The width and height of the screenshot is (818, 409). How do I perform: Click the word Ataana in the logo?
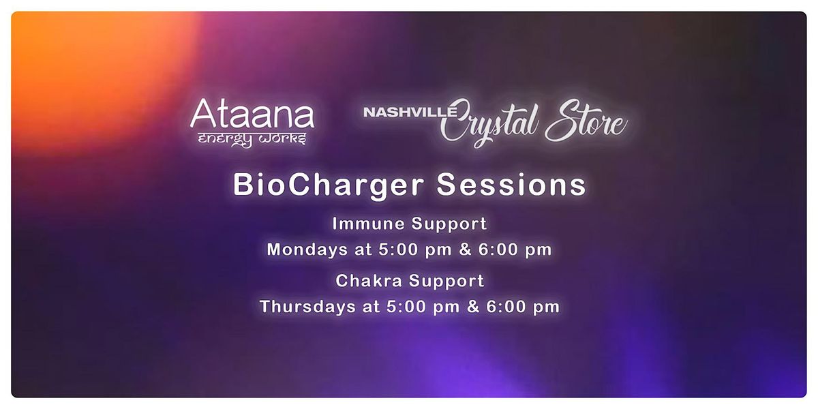click(252, 113)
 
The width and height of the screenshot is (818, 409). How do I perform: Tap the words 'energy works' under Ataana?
click(252, 140)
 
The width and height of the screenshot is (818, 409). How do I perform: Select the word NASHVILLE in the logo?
click(410, 112)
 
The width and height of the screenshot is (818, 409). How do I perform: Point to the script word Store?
click(586, 121)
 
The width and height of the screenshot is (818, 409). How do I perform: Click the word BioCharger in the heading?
click(329, 185)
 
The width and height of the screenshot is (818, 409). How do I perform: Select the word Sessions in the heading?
click(511, 185)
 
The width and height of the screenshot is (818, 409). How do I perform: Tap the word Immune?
click(367, 224)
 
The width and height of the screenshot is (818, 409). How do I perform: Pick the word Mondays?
click(307, 250)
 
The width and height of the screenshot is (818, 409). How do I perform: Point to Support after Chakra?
click(446, 282)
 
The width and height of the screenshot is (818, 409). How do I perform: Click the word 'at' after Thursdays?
click(371, 307)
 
